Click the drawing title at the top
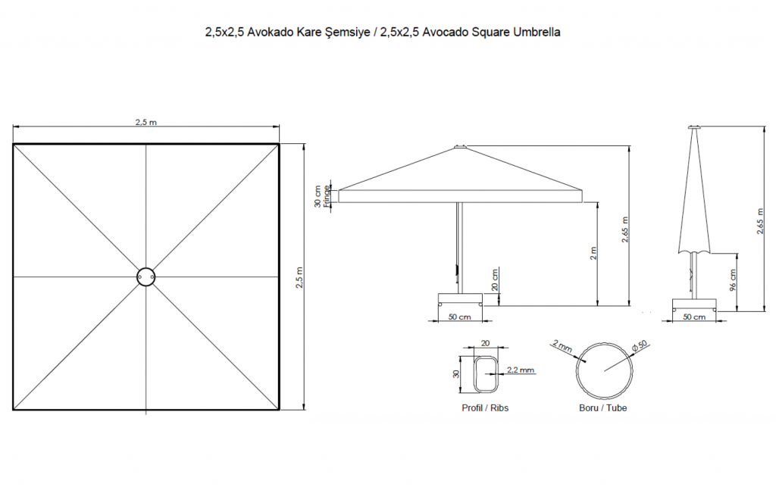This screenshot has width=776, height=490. click(383, 33)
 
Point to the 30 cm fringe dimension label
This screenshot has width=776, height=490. click(318, 196)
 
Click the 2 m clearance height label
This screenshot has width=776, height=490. click(593, 253)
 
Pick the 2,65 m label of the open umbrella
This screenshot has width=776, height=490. click(625, 229)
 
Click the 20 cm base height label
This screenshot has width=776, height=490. click(495, 279)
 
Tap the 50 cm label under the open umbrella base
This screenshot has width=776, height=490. click(459, 317)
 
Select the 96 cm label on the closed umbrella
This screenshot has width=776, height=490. click(733, 280)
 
